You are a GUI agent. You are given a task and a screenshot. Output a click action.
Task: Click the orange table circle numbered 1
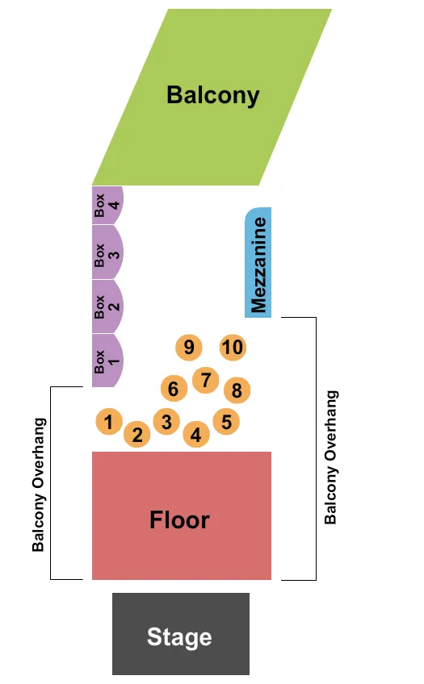pos(109,420)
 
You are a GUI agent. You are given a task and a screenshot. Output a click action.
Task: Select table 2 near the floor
pos(137,436)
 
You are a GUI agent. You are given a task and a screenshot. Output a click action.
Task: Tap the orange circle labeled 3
pos(166,421)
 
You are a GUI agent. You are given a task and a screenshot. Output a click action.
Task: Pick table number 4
pos(196,436)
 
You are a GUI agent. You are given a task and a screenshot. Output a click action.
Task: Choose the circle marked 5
pos(226,421)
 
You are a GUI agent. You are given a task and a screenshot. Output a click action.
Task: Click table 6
pos(174,389)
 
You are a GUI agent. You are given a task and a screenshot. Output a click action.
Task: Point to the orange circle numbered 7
pos(206,379)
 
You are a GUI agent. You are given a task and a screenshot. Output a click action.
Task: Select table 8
pos(237,391)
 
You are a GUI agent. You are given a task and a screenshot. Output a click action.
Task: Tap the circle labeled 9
pos(189,348)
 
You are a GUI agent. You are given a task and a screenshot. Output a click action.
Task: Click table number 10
pos(233,348)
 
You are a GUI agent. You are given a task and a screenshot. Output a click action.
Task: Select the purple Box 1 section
pos(106,361)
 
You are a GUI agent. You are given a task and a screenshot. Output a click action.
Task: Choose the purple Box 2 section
pos(106,307)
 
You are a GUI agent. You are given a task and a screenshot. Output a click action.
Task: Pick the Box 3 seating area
pos(106,252)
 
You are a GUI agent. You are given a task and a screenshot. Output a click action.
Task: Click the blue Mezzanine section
pos(258,262)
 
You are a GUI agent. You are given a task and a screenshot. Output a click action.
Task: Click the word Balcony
pos(213,95)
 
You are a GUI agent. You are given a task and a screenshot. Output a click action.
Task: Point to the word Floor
pos(179,520)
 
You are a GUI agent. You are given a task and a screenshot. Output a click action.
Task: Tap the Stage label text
pos(179,637)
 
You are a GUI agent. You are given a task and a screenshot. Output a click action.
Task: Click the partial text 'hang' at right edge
pos(330,408)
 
